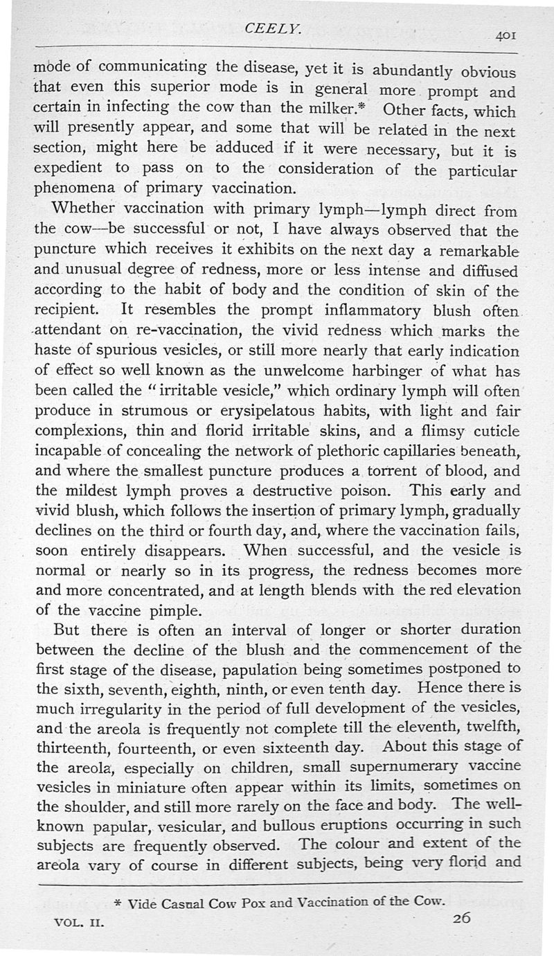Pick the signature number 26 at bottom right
pyautogui.click(x=461, y=919)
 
